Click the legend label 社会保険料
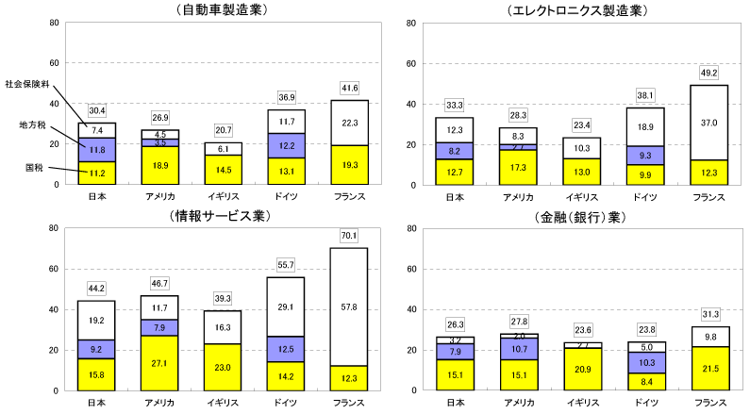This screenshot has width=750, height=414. point(25,83)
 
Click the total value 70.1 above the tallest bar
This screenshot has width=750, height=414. point(350,237)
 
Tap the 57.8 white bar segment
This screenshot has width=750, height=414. point(350,306)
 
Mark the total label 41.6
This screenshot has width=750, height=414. point(350,87)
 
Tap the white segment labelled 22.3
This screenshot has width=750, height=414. point(350,123)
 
